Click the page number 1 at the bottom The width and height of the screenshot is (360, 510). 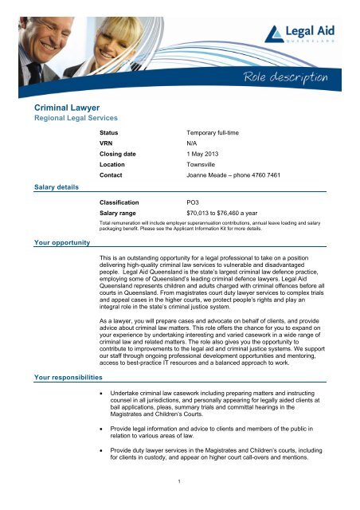(x=180, y=503)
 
